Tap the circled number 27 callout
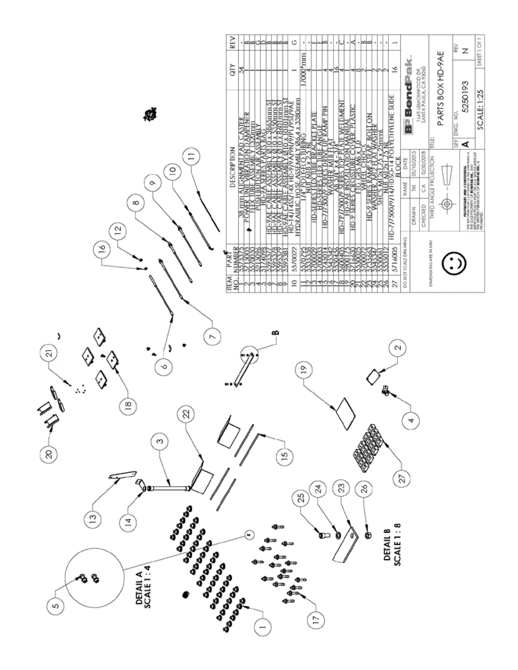tap(402, 478)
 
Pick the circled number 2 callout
tap(397, 348)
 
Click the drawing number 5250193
tap(465, 96)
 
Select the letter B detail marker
tap(276, 333)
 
